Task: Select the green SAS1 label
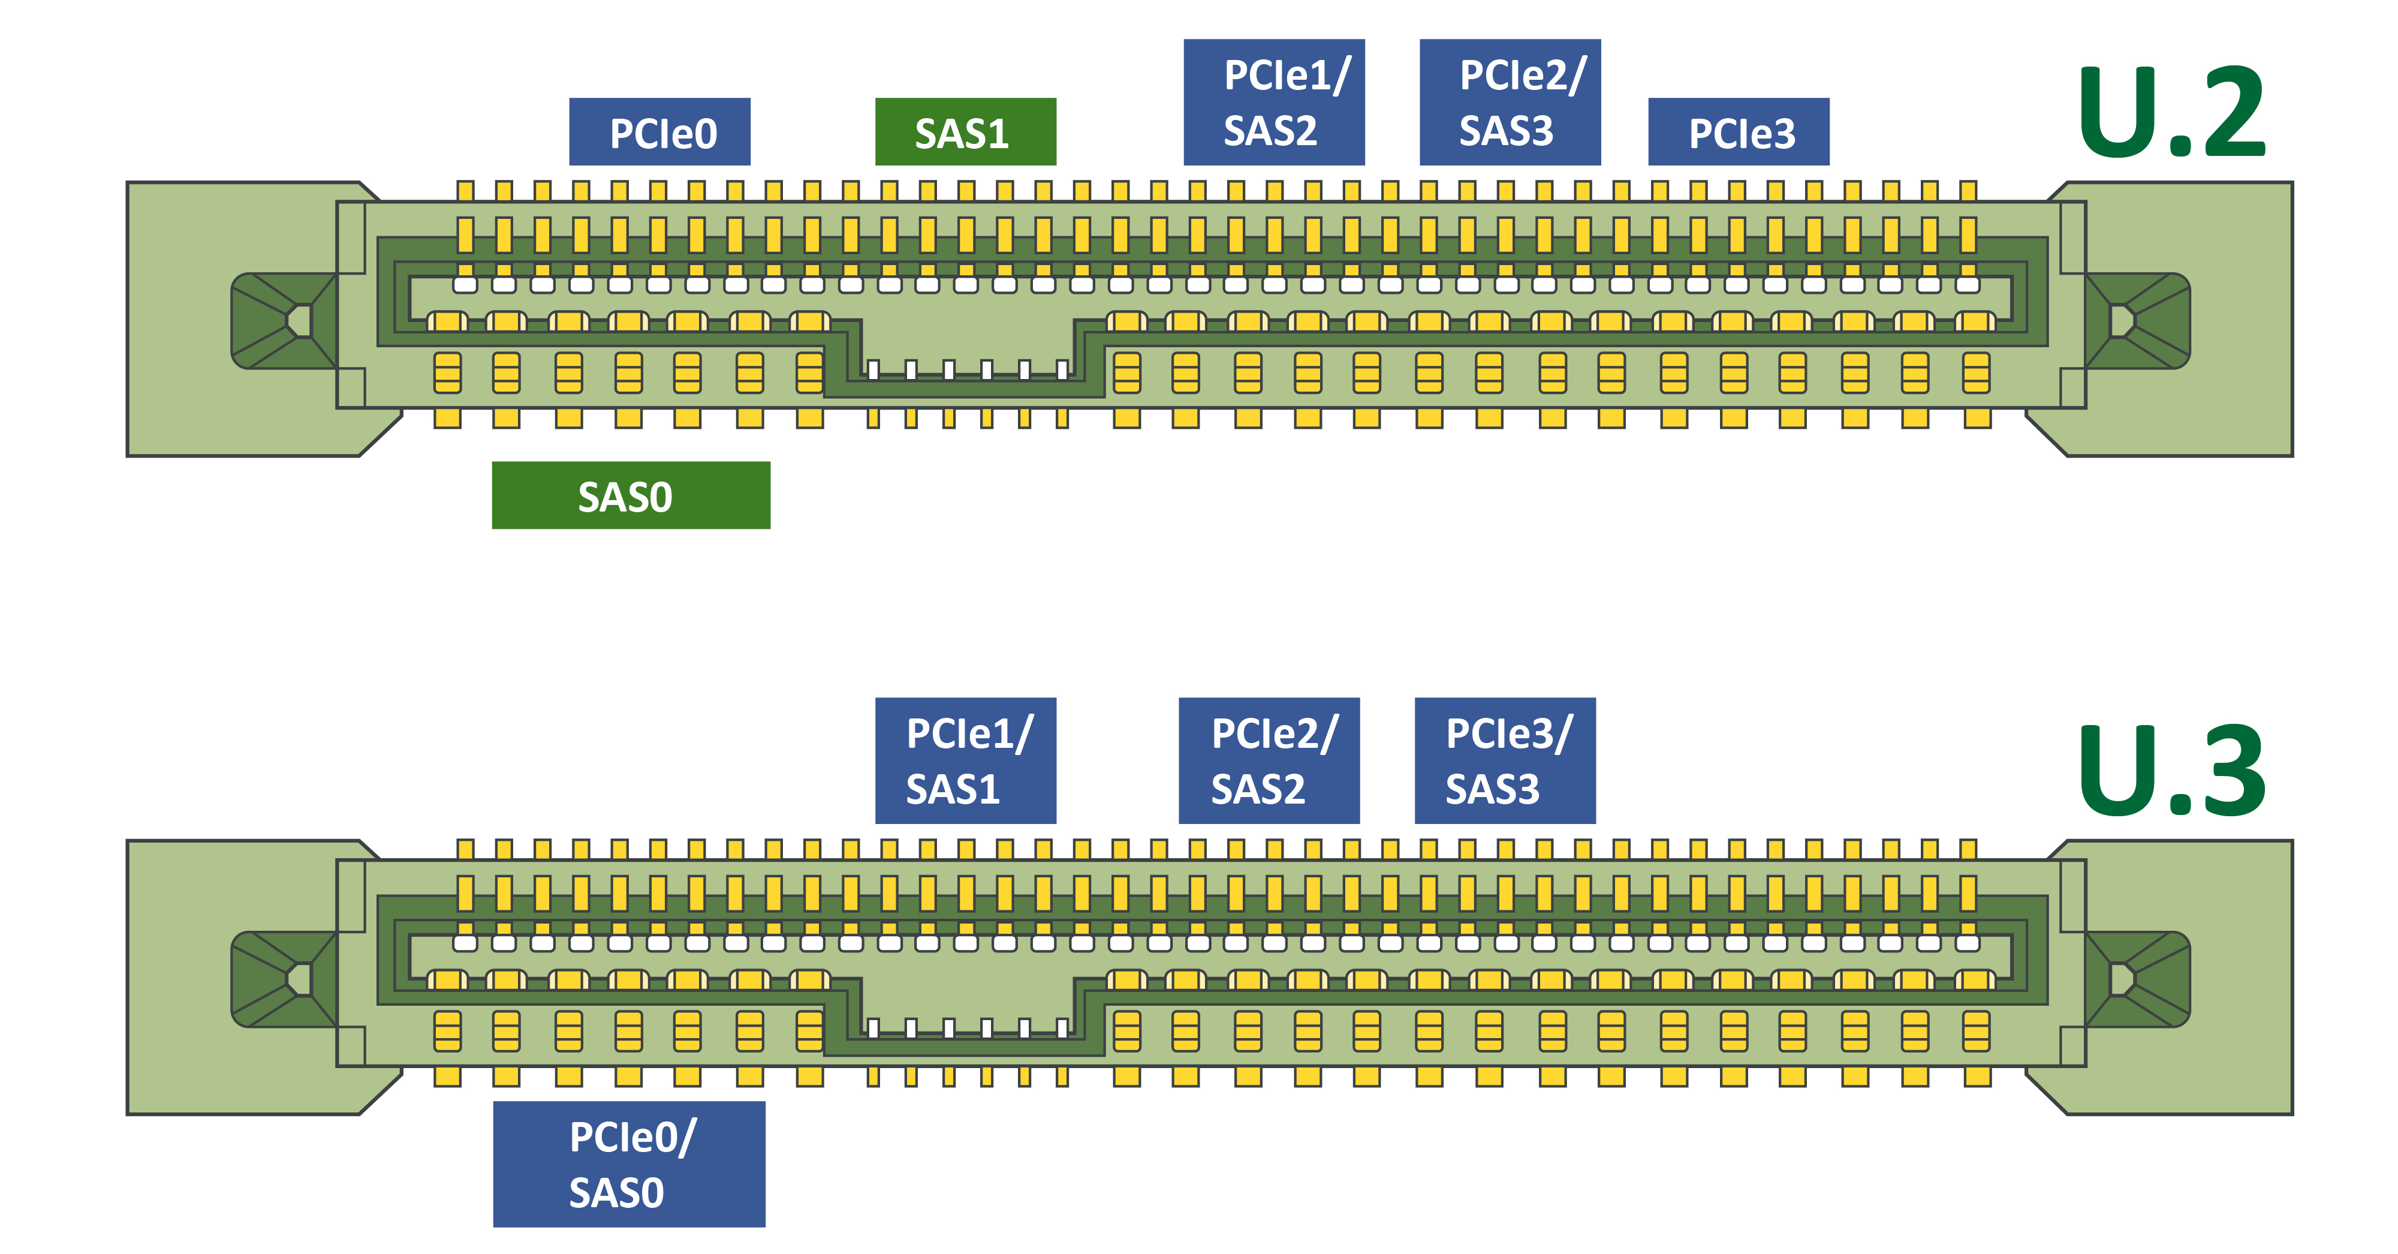tap(965, 132)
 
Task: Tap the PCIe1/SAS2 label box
tap(1273, 103)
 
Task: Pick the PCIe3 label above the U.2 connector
tap(1737, 132)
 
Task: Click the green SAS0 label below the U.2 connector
tap(630, 495)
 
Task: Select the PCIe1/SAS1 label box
tap(965, 760)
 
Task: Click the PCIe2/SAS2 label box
tap(1268, 760)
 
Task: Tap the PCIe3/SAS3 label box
tap(1504, 760)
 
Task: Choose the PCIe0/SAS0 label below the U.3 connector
tap(628, 1163)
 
